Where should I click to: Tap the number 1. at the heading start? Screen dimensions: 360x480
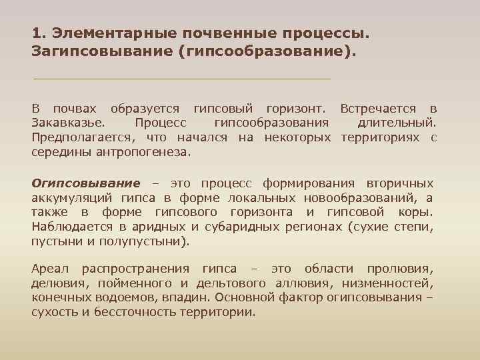point(39,33)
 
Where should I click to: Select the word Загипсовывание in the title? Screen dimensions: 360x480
point(101,51)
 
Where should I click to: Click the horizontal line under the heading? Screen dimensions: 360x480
point(181,79)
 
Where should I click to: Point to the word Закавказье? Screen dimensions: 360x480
point(67,123)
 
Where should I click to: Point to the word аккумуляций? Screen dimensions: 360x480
point(73,197)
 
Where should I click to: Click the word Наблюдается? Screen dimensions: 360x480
point(69,227)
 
